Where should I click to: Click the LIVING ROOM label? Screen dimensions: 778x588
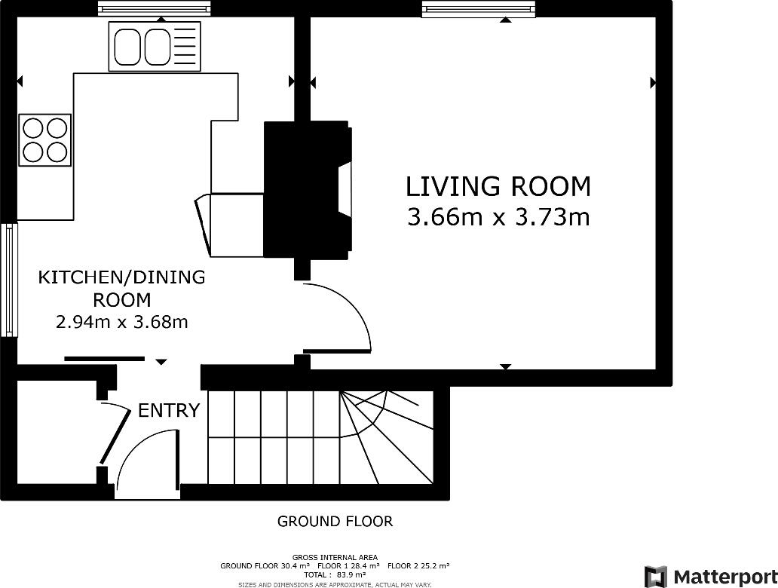(498, 186)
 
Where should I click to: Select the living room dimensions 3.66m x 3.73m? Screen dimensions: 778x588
(498, 217)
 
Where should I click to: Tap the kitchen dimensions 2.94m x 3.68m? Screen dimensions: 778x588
(121, 323)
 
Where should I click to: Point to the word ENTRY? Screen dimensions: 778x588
(169, 410)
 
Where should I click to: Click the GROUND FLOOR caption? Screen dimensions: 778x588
(335, 522)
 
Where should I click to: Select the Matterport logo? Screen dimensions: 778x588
(710, 577)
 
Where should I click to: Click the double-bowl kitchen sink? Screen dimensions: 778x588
(155, 46)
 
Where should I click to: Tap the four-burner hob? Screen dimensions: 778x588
(44, 140)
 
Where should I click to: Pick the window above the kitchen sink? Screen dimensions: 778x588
(155, 8)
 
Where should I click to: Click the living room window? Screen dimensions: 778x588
(478, 9)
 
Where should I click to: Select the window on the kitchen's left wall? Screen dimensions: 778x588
(9, 280)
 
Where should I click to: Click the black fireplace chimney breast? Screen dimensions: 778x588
(308, 189)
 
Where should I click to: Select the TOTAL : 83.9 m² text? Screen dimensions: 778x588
(335, 574)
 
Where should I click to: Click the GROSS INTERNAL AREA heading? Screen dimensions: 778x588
(335, 557)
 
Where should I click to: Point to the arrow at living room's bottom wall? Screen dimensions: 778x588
(505, 366)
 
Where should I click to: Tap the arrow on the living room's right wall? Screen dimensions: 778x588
(653, 83)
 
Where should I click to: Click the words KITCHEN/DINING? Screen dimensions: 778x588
(121, 277)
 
